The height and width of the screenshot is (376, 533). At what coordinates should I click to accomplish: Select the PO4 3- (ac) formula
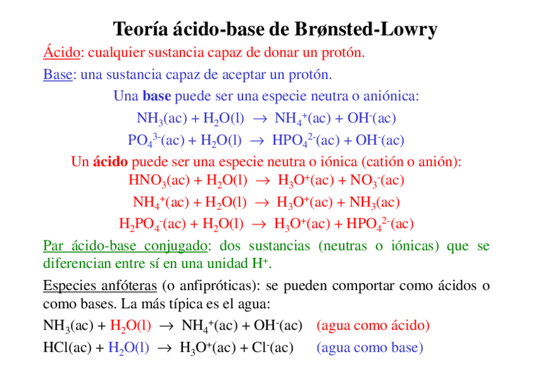tap(156, 140)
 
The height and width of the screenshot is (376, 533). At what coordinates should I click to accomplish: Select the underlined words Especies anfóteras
tap(99, 287)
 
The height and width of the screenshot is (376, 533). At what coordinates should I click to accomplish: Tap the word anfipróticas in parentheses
tap(217, 287)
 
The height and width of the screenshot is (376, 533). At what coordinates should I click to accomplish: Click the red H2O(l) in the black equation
tap(130, 326)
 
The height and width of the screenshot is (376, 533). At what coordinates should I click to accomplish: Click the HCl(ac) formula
tap(67, 348)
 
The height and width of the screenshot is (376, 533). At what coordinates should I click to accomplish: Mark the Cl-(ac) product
tap(272, 348)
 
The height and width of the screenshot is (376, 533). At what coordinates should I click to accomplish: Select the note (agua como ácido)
tap(373, 326)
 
